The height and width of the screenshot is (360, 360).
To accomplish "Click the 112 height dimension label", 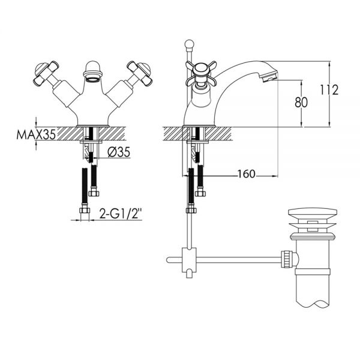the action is point(329,90).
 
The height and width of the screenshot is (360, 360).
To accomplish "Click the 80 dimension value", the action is point(301,103).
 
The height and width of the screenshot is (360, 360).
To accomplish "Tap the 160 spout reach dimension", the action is point(247,174).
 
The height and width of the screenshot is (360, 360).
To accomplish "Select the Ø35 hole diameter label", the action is point(119,152).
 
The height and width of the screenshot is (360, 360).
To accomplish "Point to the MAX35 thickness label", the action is point(36,134).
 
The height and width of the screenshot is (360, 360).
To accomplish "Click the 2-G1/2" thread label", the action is point(121,214).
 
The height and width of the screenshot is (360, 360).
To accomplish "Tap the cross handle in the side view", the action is point(201,73).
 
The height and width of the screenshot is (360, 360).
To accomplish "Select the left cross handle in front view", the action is point(46,73).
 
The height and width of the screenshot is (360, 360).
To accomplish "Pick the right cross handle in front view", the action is point(140,73).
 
